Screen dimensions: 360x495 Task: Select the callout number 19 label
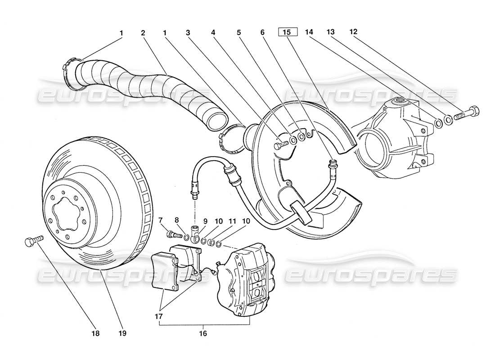(x=122, y=334)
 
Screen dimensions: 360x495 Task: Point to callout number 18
(x=95, y=334)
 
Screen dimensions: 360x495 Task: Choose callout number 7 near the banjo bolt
(x=161, y=220)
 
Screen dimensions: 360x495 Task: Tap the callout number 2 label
(x=143, y=32)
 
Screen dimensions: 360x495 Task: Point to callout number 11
(x=232, y=220)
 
